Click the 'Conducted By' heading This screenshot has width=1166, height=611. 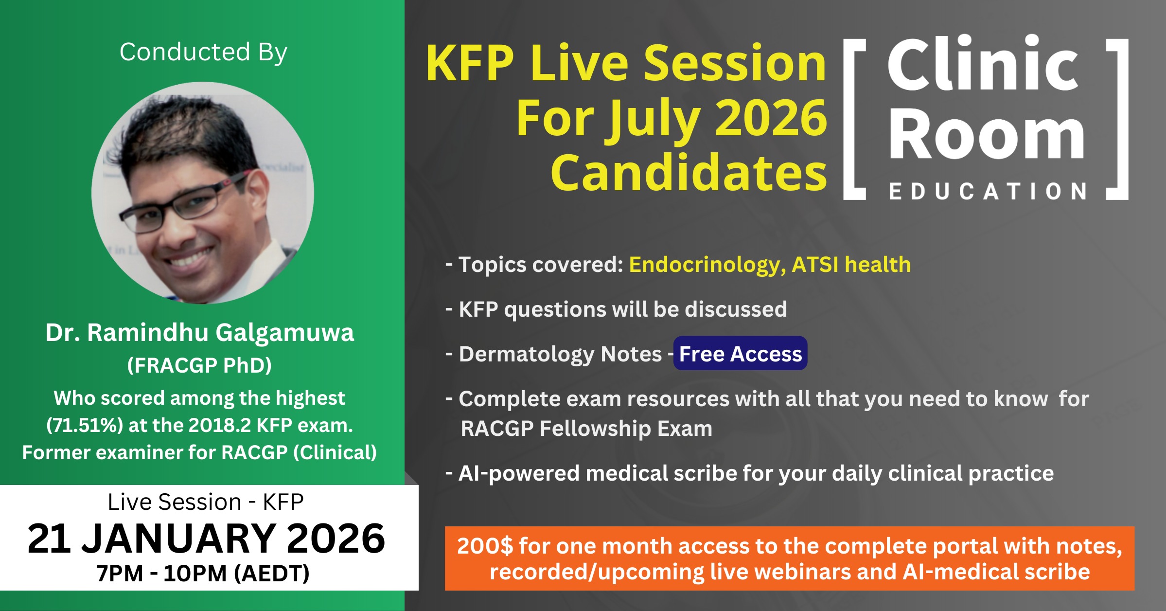click(203, 52)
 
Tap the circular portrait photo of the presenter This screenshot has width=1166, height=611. click(203, 193)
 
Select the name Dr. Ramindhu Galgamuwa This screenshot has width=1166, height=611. click(199, 333)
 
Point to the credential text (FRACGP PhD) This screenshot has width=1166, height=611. click(199, 365)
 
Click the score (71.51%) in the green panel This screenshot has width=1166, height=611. click(85, 425)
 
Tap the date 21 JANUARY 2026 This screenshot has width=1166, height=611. click(206, 539)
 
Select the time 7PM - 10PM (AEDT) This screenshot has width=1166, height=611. click(203, 573)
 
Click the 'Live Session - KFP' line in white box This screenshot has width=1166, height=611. click(206, 502)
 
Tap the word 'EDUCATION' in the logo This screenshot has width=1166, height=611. click(988, 191)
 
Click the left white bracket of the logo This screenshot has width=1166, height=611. click(854, 119)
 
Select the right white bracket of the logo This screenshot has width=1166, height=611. click(1117, 119)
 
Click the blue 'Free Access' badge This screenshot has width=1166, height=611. click(740, 353)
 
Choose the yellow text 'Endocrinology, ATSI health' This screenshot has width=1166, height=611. click(770, 265)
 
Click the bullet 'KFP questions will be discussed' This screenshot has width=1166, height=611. click(616, 309)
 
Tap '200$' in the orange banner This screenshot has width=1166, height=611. click(485, 546)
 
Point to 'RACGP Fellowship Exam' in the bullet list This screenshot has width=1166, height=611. click(586, 429)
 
